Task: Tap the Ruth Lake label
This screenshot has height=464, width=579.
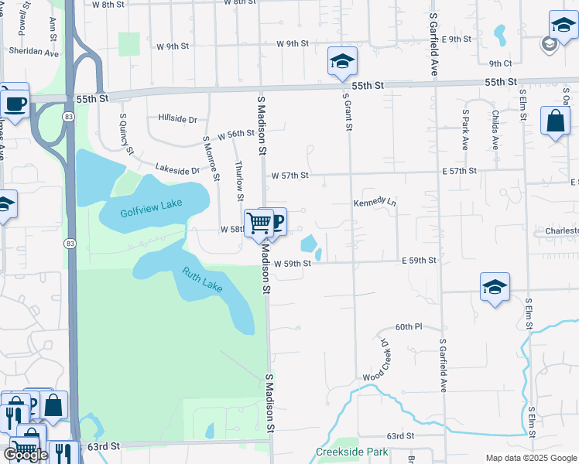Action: tap(203, 279)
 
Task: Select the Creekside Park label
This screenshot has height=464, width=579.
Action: tap(351, 452)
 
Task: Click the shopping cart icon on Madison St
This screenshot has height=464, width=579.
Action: tap(259, 223)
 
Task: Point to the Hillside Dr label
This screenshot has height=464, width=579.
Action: tap(177, 118)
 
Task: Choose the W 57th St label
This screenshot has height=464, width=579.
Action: tap(289, 176)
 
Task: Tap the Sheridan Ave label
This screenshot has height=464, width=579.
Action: tap(34, 53)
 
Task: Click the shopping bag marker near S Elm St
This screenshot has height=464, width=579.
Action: tap(555, 121)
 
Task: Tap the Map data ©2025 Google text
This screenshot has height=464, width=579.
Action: tap(531, 458)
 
